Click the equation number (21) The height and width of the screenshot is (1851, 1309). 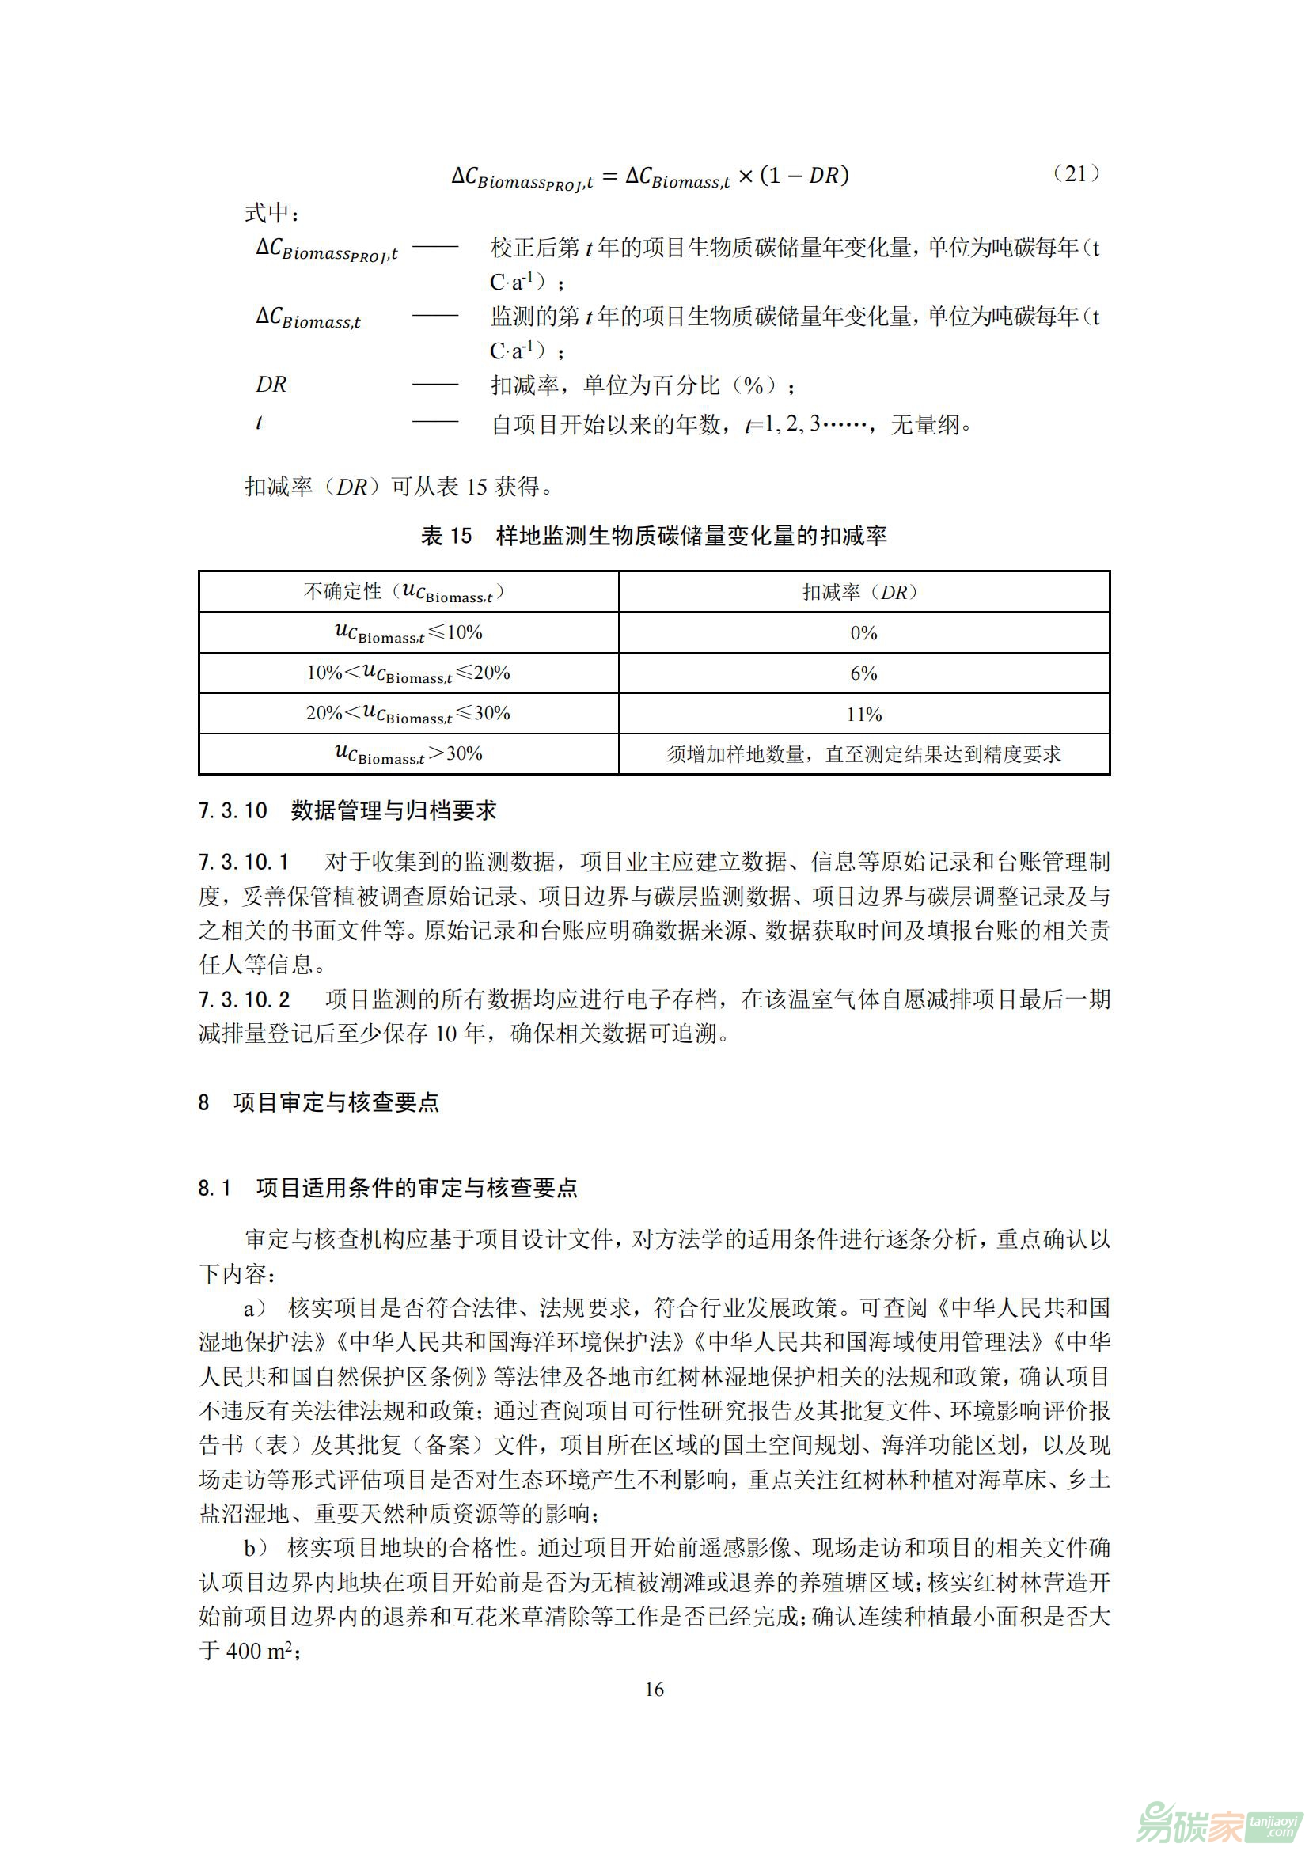(1076, 174)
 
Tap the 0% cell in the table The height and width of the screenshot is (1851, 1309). (863, 633)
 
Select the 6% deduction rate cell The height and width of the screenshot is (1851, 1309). (863, 673)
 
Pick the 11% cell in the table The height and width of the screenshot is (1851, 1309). (864, 715)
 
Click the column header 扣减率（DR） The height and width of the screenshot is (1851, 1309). (863, 593)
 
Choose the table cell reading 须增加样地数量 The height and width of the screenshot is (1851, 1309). (863, 755)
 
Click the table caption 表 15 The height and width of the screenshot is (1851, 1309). (446, 535)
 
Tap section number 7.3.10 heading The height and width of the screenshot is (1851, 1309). (232, 810)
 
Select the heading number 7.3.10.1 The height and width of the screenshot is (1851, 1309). (244, 862)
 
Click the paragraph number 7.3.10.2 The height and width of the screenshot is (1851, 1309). (245, 999)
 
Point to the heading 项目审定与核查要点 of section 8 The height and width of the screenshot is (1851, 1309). (336, 1102)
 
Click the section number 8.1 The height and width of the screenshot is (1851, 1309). (214, 1188)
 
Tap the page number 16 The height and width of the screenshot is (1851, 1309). (654, 1689)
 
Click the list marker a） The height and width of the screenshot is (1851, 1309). (256, 1307)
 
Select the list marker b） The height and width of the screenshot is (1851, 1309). (256, 1548)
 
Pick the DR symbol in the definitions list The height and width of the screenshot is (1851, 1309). (271, 385)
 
